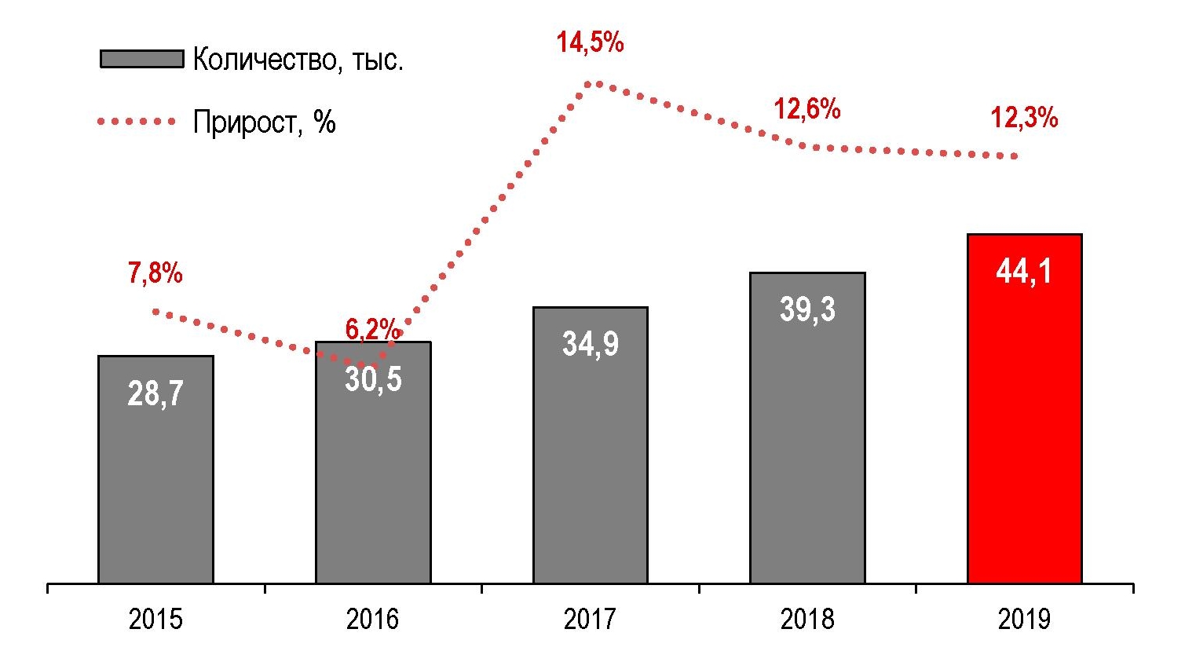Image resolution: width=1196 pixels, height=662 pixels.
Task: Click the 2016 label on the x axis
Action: click(373, 620)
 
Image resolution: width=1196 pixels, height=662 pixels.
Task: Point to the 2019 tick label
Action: click(1024, 620)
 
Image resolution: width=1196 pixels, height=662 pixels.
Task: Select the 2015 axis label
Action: click(155, 620)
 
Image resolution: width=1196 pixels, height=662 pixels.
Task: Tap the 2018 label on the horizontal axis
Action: click(807, 620)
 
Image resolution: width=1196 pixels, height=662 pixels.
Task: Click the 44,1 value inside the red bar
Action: click(1024, 272)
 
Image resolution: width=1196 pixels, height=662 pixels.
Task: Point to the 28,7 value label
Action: click(155, 393)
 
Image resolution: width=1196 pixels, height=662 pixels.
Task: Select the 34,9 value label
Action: click(591, 344)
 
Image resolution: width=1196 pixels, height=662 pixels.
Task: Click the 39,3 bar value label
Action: click(807, 309)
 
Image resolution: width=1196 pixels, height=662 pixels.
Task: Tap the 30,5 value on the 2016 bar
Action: click(373, 379)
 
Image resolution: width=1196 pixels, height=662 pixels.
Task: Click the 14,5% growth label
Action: click(591, 42)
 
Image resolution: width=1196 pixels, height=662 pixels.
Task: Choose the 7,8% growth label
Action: click(155, 273)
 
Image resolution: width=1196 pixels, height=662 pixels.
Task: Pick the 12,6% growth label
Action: click(807, 109)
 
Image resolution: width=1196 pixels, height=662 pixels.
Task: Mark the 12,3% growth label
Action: click(1024, 118)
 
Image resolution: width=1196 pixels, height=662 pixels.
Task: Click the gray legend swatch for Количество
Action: click(141, 59)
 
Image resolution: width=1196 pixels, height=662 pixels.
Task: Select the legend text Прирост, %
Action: click(265, 122)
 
